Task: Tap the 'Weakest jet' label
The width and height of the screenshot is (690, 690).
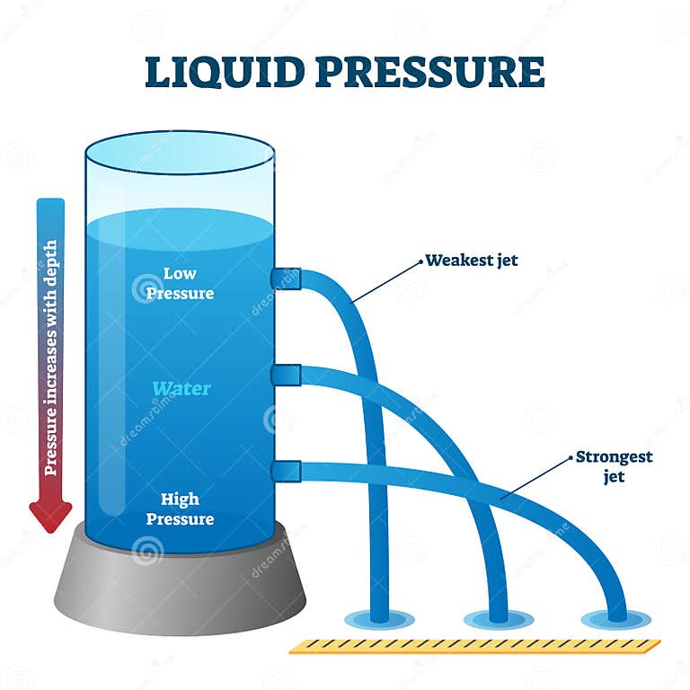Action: pos(472,261)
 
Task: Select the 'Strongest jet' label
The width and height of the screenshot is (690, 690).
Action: pos(615,466)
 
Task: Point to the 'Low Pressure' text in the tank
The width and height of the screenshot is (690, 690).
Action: pos(189,283)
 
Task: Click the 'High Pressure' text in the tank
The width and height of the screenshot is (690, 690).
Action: pos(187,509)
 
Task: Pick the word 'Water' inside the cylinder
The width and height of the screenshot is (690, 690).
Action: pos(181,389)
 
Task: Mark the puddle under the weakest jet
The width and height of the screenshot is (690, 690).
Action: pos(379,619)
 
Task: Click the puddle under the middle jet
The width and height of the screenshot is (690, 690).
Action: pos(498,619)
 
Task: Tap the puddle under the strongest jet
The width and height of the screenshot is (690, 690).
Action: pos(615,619)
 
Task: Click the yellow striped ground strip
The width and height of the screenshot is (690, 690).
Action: pos(474,645)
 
